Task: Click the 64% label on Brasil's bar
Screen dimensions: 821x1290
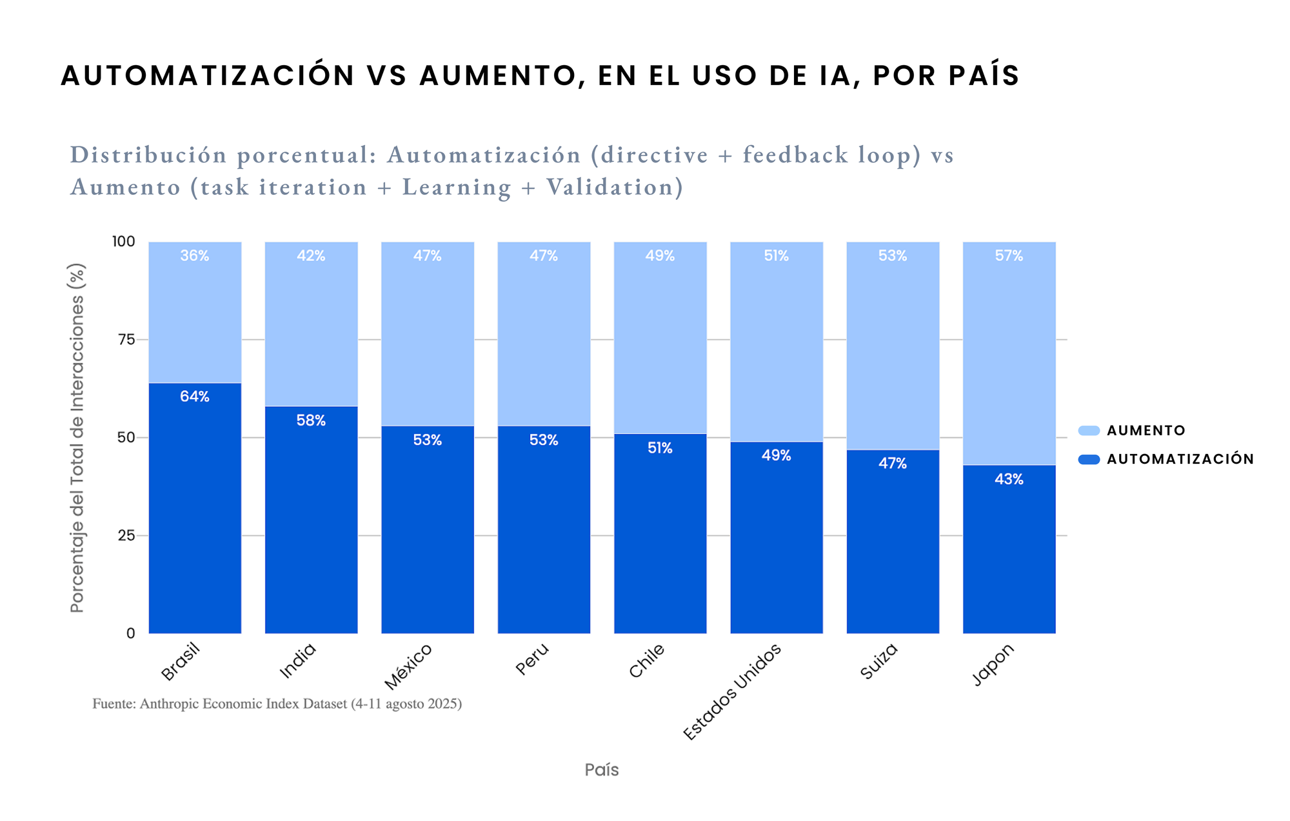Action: tap(195, 397)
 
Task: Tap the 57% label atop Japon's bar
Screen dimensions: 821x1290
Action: tap(1009, 256)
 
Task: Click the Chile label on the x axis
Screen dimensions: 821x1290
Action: tap(646, 661)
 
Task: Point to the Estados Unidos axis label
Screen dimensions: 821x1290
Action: tap(732, 692)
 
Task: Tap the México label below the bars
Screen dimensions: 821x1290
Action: tap(408, 667)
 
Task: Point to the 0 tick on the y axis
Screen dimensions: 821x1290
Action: tap(131, 633)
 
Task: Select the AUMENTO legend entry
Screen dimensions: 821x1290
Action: tap(1146, 431)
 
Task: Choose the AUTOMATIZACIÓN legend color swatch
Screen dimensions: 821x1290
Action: tap(1089, 459)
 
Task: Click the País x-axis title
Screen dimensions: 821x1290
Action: tap(602, 769)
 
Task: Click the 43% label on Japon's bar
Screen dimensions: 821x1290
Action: tap(1009, 479)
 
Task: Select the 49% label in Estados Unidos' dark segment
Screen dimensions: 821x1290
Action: tap(776, 455)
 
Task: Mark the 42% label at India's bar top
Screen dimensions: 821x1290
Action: tap(311, 256)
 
